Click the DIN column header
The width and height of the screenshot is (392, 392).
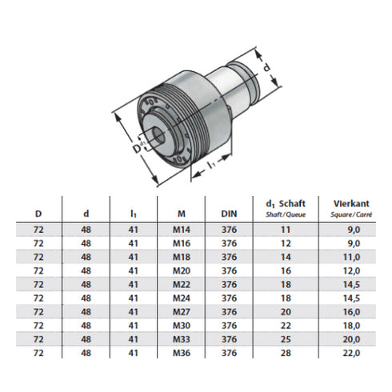coord(228,214)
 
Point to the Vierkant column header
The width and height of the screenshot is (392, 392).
coord(342,208)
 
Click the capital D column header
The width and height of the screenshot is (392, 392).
coord(38,214)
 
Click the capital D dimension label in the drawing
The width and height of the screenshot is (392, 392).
coord(137,147)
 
